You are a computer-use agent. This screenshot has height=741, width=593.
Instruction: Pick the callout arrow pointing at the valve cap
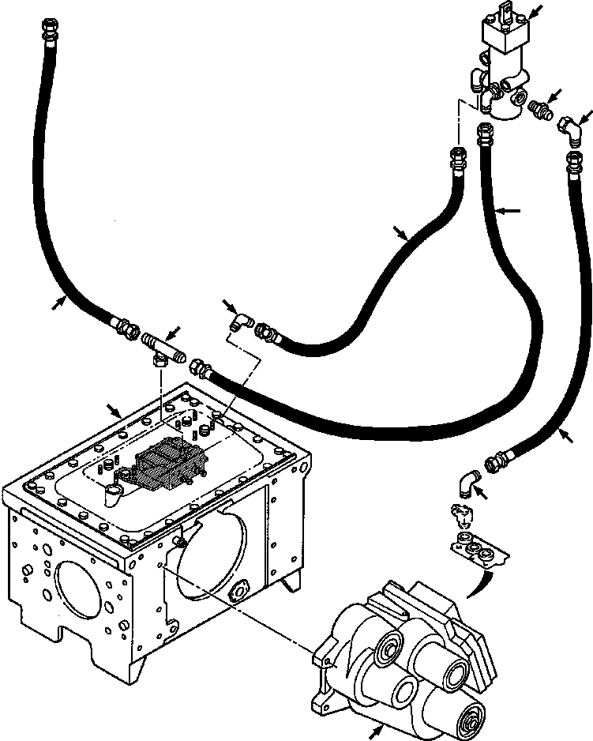pyautogui.click(x=536, y=11)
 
